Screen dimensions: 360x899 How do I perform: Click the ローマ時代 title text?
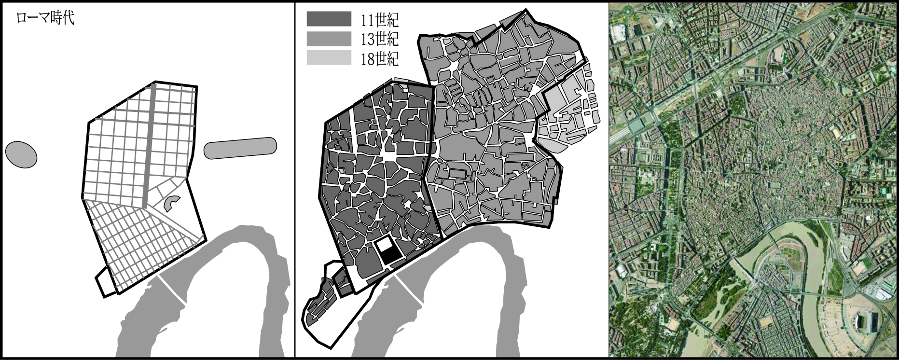(x=45, y=19)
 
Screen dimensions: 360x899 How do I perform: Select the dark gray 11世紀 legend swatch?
(x=329, y=18)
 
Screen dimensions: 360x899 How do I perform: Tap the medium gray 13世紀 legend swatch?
(x=329, y=38)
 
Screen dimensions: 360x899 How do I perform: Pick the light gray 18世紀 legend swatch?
(x=329, y=57)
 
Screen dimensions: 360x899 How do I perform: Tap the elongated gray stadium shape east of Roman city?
(x=240, y=148)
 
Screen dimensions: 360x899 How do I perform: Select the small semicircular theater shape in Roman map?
(x=170, y=203)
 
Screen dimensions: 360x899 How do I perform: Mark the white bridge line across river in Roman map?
(x=172, y=289)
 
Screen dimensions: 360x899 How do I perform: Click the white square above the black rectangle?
(x=385, y=244)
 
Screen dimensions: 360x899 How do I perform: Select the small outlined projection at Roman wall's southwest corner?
(x=104, y=282)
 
